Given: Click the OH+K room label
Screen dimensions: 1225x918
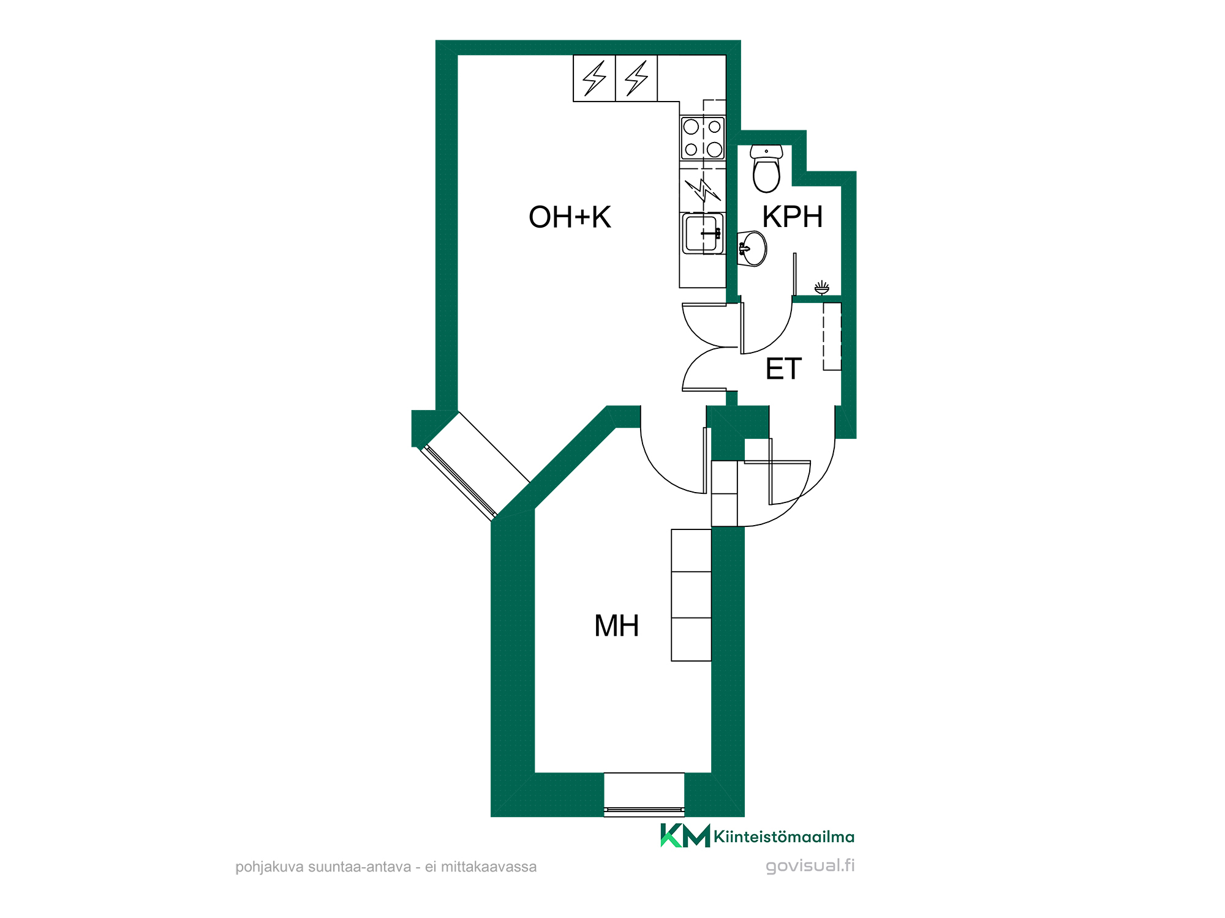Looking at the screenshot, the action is point(570,217).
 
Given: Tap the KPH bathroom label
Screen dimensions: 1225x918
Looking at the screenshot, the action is point(793,217).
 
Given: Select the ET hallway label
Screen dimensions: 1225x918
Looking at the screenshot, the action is point(783,369).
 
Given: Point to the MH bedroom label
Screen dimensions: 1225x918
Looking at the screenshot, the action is point(616,626).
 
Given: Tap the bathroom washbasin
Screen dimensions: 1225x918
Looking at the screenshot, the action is point(752,248).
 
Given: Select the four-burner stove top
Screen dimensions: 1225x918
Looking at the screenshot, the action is point(703,138).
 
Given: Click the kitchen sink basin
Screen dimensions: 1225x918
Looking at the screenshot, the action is point(703,233).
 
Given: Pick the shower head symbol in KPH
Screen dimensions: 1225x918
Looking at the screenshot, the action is point(821,287).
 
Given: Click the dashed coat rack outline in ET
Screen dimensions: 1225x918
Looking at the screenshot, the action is point(832,337).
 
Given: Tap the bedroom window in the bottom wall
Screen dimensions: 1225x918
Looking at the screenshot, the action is point(644,794).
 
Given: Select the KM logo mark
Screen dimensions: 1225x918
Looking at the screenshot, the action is point(685,836).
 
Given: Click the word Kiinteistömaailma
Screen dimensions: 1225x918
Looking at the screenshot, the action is point(784,837).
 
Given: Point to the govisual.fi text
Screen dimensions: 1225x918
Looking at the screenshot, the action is point(810,866).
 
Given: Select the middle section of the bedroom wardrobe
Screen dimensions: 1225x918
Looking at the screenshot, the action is point(691,595).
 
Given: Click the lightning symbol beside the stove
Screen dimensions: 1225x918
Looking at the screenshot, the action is point(703,190).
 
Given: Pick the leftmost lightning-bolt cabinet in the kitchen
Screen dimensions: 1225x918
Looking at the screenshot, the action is point(594,78).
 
